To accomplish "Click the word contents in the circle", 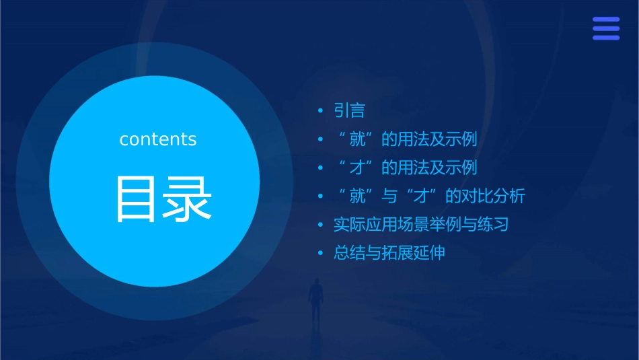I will coord(158,139).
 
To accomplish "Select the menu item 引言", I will coord(349,110).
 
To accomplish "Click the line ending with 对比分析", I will coord(430,196).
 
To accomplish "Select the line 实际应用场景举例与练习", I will coord(421,225).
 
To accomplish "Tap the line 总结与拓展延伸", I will coord(389,254).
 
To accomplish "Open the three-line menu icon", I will coord(606,28).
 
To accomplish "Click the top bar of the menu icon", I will coord(606,20).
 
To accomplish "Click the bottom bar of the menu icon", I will coord(606,38).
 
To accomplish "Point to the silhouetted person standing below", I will coord(315,300).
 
